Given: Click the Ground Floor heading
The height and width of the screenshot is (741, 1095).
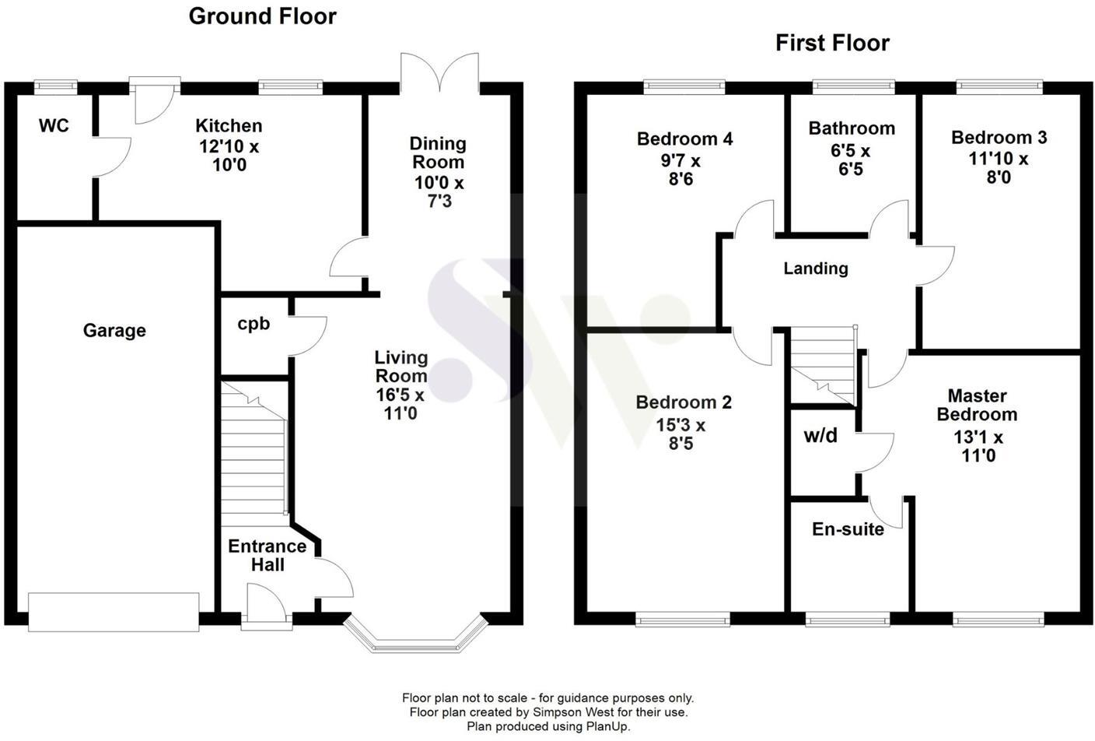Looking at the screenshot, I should tap(262, 16).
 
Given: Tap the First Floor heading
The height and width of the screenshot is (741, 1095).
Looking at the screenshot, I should tap(832, 43).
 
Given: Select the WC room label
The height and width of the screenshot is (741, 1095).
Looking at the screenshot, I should tap(54, 125).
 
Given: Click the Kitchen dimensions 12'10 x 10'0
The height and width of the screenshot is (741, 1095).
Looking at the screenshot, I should tap(229, 155).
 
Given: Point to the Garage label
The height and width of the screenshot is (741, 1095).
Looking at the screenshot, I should tap(114, 330).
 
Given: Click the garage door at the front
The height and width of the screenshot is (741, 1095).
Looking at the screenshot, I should tap(114, 611).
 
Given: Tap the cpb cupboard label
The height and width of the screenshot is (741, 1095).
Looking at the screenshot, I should tap(254, 324).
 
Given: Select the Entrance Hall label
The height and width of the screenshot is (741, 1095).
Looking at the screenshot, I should tap(267, 556).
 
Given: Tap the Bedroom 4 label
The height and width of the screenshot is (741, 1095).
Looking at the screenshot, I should tap(684, 139).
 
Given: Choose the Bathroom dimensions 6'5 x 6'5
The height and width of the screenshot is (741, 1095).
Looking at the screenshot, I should tap(850, 160).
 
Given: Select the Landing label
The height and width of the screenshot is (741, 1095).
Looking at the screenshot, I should tap(815, 269).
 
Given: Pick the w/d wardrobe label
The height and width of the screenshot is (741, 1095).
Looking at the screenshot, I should tap(820, 436).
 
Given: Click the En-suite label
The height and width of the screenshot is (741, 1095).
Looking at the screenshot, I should tap(848, 529).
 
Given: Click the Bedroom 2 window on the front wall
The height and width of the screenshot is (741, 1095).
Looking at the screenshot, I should tap(682, 620).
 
